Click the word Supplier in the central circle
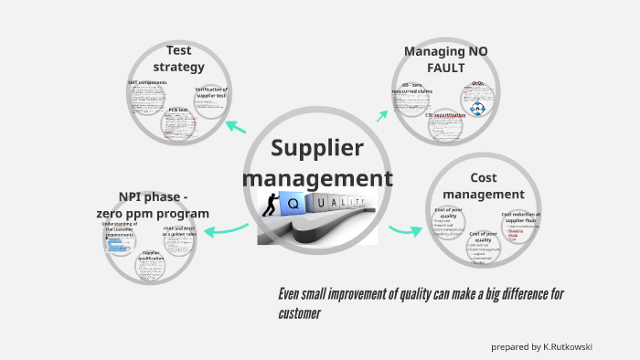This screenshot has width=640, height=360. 317,149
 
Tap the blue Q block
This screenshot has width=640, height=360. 298,204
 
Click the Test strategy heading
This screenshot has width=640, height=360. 178,58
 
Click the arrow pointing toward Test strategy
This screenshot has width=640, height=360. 235,126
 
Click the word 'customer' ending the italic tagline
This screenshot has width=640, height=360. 299,313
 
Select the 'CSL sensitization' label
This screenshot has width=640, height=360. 445,116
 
